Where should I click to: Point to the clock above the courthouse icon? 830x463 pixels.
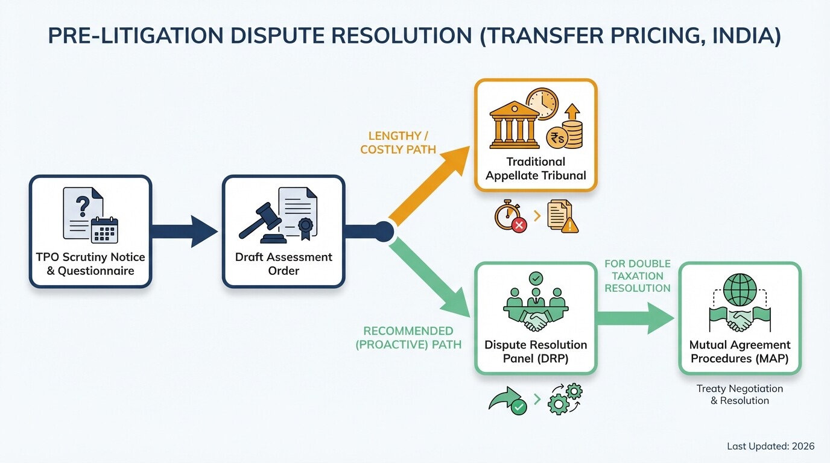tap(542, 104)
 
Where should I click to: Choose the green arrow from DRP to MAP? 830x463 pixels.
tap(636, 318)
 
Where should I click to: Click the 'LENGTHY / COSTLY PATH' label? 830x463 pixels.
tap(398, 143)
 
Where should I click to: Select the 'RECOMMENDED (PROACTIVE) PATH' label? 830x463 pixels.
tap(408, 338)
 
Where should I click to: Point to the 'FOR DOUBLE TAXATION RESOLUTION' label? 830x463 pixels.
tap(638, 276)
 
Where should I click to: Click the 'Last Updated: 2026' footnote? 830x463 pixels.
tap(770, 446)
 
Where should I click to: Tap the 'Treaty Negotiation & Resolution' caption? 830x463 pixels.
tap(740, 395)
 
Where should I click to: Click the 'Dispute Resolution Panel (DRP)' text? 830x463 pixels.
tap(536, 352)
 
